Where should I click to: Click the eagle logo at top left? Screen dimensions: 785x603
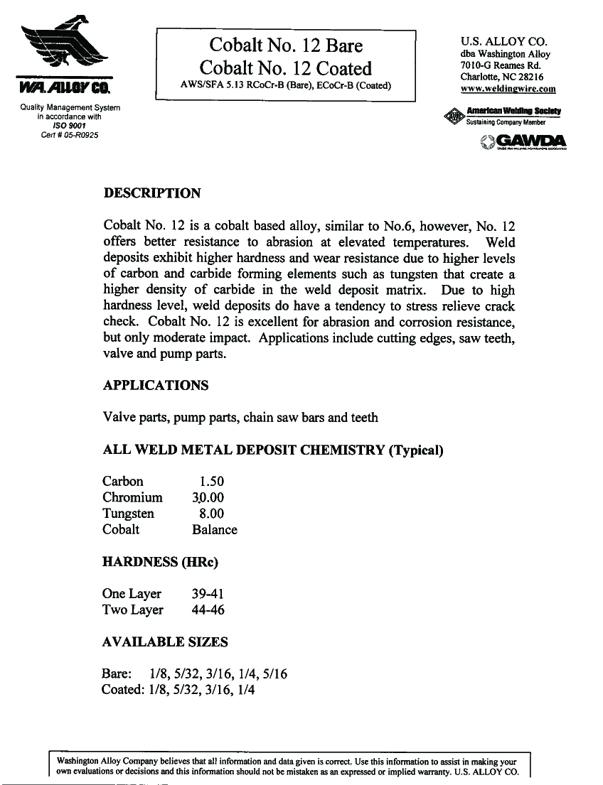click(x=64, y=46)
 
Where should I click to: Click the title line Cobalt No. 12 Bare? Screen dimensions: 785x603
click(x=286, y=46)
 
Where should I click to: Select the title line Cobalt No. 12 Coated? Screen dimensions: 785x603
click(x=286, y=69)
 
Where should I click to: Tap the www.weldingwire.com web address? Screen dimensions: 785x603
click(x=508, y=89)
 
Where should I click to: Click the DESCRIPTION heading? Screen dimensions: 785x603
click(x=152, y=193)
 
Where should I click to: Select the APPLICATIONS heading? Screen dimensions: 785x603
click(x=156, y=386)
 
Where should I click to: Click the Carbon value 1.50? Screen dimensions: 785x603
click(x=212, y=482)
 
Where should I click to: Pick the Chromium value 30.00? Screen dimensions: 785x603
click(x=208, y=498)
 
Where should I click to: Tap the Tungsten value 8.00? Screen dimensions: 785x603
click(x=212, y=514)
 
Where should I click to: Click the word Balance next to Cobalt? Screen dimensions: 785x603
click(x=215, y=530)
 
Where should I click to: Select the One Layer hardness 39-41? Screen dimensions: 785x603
click(x=208, y=594)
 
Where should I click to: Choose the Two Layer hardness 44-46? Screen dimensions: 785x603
click(x=208, y=610)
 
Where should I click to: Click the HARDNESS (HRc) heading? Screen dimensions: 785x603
click(x=160, y=563)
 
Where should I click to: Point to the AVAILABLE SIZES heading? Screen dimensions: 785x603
click(x=165, y=642)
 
